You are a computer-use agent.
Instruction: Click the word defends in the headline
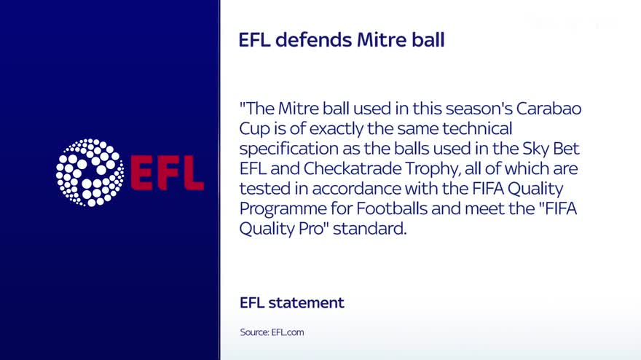tap(313, 40)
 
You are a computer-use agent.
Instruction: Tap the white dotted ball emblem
tap(90, 172)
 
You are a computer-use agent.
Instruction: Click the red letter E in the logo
tap(142, 173)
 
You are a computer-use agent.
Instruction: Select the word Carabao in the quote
tap(548, 109)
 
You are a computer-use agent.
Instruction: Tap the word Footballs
tap(392, 208)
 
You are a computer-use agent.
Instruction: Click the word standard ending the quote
tap(369, 229)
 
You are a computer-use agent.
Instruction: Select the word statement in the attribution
tap(306, 302)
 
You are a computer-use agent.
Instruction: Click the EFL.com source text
tap(288, 332)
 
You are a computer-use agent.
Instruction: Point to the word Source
tap(254, 332)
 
